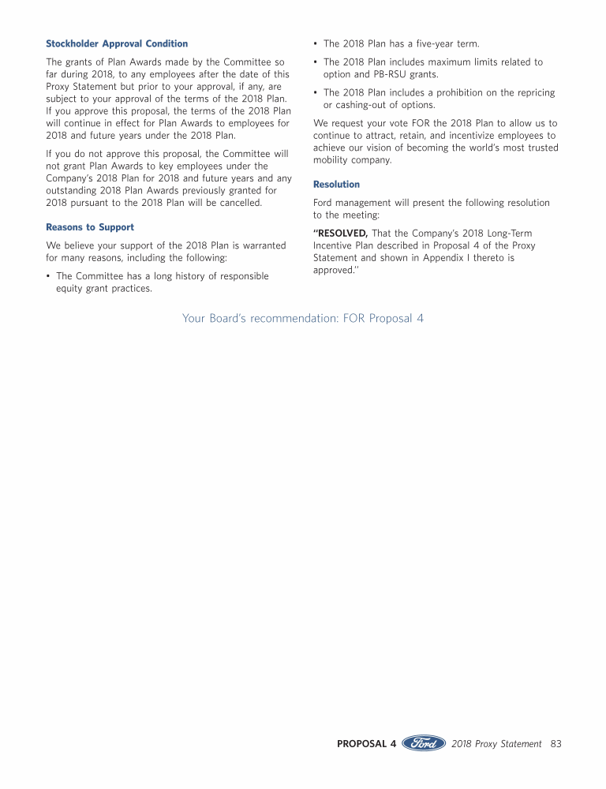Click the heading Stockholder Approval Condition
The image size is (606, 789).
pyautogui.click(x=117, y=43)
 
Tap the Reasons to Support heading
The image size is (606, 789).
pyautogui.click(x=90, y=227)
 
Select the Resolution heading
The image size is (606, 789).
pyautogui.click(x=336, y=185)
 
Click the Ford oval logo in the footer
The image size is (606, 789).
pyautogui.click(x=425, y=743)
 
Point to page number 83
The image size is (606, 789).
pyautogui.click(x=555, y=744)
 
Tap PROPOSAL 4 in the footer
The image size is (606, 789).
pyautogui.click(x=366, y=744)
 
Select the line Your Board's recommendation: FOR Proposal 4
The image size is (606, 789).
pyautogui.click(x=303, y=319)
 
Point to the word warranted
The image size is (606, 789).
pyautogui.click(x=262, y=245)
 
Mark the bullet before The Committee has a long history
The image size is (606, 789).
pyautogui.click(x=48, y=276)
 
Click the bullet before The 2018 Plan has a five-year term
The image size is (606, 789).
pyautogui.click(x=316, y=43)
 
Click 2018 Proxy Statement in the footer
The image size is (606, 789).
pyautogui.click(x=496, y=744)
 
